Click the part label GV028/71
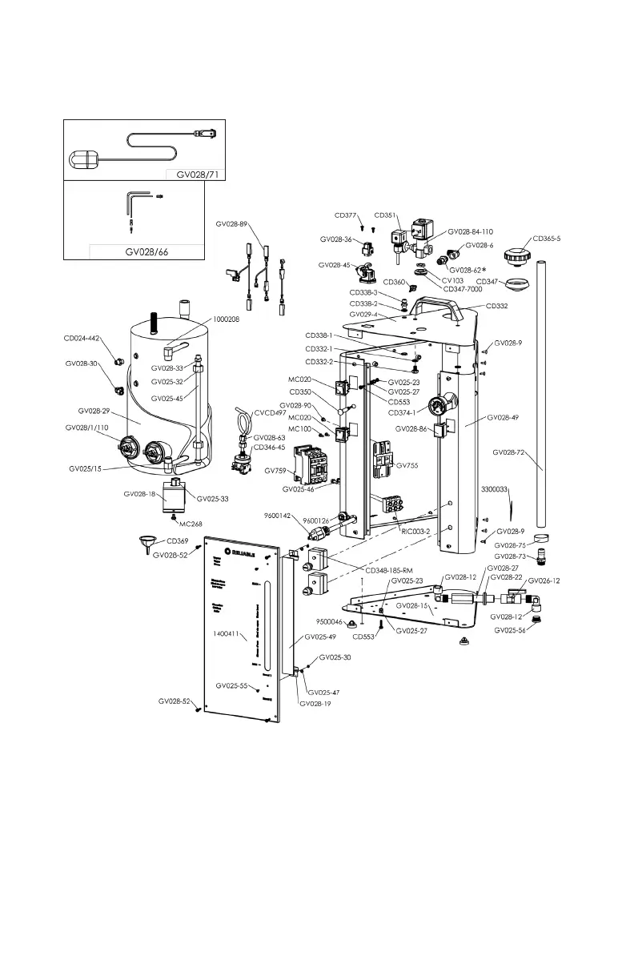[195, 175]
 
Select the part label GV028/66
[147, 251]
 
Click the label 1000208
[227, 319]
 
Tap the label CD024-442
[82, 339]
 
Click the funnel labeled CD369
[146, 547]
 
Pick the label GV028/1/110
[86, 428]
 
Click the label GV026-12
[544, 580]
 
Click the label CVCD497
[270, 413]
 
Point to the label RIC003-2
[415, 531]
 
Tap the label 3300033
[496, 488]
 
